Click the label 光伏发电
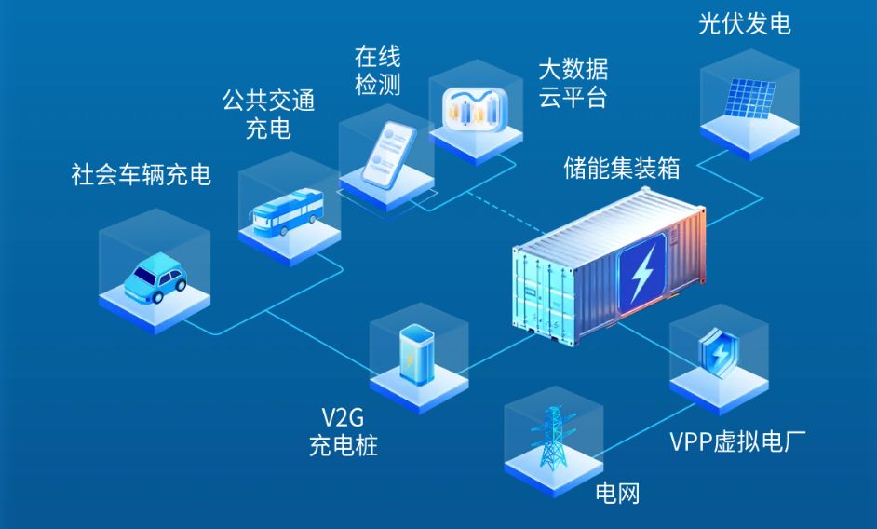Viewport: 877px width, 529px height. (744, 23)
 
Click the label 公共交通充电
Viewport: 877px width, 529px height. (268, 114)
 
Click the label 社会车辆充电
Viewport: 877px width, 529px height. (141, 174)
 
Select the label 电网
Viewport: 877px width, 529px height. (617, 491)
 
